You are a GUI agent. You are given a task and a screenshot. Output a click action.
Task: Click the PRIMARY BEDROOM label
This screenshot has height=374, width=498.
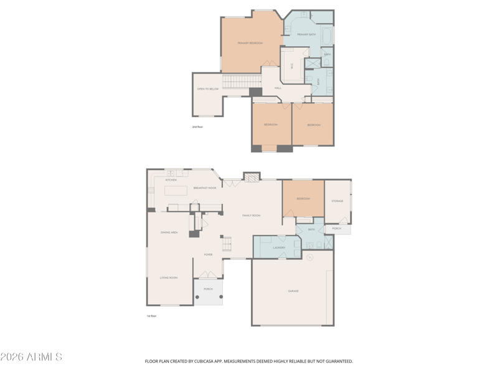pyautogui.click(x=250, y=43)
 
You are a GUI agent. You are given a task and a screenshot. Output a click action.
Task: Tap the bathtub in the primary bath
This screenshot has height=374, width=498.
pyautogui.click(x=327, y=35)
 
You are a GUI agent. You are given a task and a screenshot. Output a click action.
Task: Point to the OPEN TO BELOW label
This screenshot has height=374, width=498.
pyautogui.click(x=208, y=89)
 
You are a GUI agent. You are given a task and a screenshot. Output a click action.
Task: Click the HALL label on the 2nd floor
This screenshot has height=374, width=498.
pyautogui.click(x=278, y=88)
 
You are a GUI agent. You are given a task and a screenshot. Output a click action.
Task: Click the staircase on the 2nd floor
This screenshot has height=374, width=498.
pyautogui.click(x=242, y=81)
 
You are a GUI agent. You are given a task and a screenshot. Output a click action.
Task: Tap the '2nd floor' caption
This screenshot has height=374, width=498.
pyautogui.click(x=197, y=127)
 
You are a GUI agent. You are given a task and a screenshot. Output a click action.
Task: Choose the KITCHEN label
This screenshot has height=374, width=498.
pyautogui.click(x=171, y=180)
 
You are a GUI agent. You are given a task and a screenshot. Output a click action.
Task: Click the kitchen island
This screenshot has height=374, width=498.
pyautogui.click(x=176, y=191)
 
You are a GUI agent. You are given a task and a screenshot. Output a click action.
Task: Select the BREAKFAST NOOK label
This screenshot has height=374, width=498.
pyautogui.click(x=205, y=188)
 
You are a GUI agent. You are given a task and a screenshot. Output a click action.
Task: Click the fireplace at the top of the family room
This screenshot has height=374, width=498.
pyautogui.click(x=251, y=178)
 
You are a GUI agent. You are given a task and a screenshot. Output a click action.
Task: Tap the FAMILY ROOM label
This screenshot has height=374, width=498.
pyautogui.click(x=251, y=215)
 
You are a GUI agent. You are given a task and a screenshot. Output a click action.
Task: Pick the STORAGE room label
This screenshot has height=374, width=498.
pyautogui.click(x=337, y=201)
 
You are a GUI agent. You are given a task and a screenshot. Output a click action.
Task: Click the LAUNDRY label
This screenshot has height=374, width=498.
pyautogui.click(x=279, y=247)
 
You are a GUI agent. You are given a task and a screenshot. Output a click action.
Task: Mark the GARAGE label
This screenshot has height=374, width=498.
pyautogui.click(x=293, y=291)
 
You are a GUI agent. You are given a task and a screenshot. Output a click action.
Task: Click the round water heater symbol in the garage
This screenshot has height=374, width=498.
pyautogui.click(x=310, y=257)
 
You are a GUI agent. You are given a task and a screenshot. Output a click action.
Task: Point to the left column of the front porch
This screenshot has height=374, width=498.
pyautogui.click(x=198, y=297)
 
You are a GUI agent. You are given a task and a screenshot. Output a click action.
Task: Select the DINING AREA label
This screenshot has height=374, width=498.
pyautogui.click(x=169, y=233)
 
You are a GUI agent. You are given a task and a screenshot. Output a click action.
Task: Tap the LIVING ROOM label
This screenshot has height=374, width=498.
pyautogui.click(x=169, y=277)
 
